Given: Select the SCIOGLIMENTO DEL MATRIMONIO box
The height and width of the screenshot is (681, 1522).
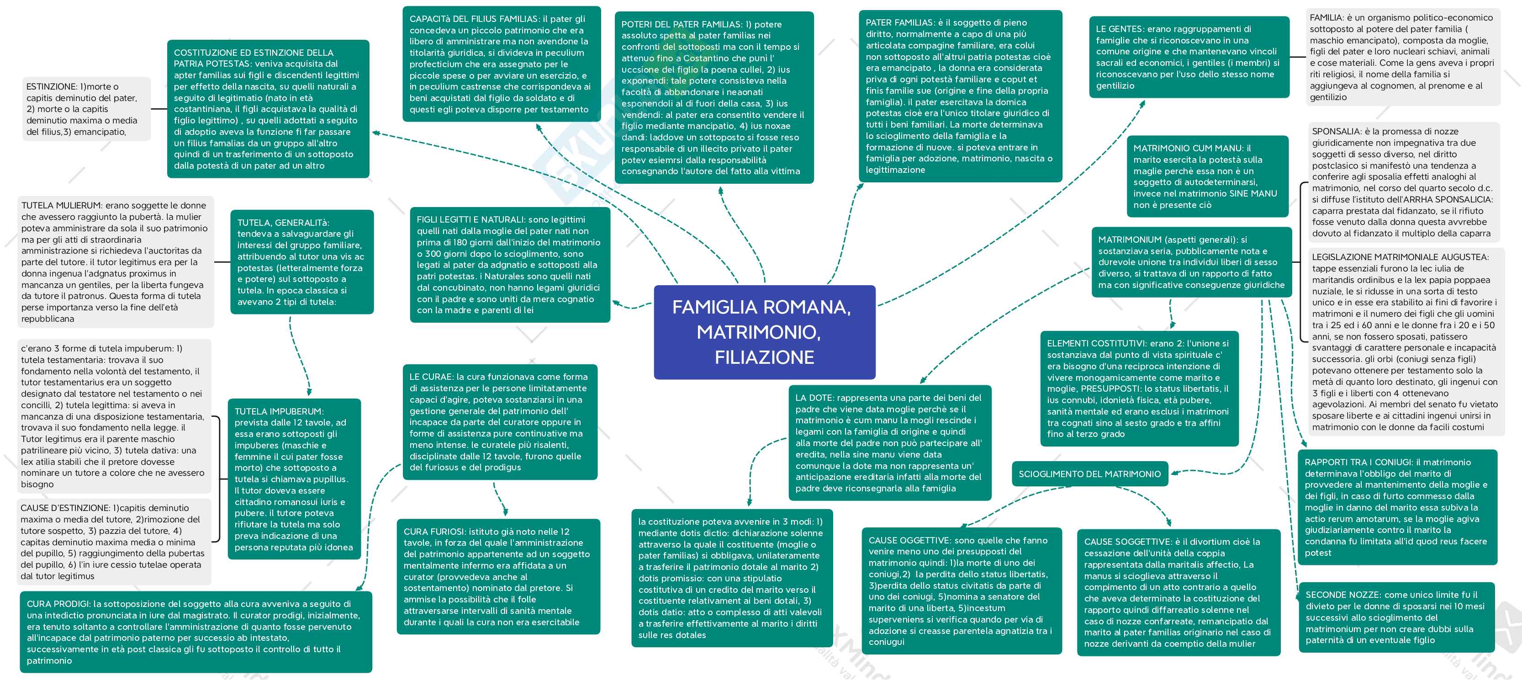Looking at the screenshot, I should [x=1089, y=474].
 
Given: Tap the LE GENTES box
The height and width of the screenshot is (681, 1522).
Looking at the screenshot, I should [x=1188, y=57].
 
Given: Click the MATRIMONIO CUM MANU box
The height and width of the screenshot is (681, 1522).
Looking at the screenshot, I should [x=1207, y=176].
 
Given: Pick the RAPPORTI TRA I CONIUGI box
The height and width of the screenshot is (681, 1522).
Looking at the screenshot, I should [x=1397, y=507].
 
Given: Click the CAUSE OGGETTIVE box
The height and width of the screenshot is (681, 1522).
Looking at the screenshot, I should [x=961, y=591].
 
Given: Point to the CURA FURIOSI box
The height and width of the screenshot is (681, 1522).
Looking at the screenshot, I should [x=498, y=576].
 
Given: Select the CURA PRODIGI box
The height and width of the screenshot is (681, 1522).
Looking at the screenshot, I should [x=196, y=631].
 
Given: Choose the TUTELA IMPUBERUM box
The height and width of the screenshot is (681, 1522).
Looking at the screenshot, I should [x=294, y=479].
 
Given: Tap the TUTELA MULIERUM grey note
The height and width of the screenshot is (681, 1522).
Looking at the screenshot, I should [x=115, y=262].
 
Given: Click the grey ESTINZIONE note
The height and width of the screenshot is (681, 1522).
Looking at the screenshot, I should [x=86, y=109].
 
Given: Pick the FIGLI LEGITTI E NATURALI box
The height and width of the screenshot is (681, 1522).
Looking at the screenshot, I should [x=509, y=264].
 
